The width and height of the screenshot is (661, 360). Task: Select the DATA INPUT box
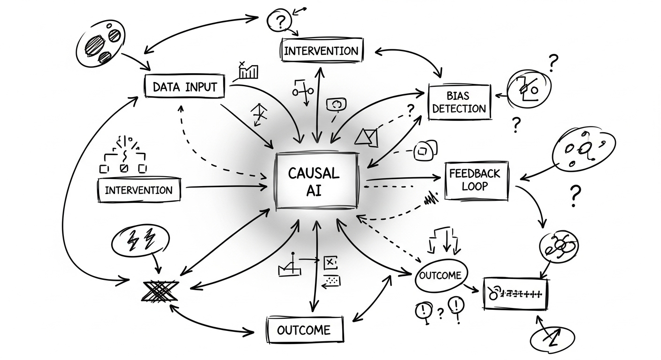(184, 86)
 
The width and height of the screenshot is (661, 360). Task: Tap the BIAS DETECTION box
(459, 102)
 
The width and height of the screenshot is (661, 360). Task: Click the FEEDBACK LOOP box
(476, 180)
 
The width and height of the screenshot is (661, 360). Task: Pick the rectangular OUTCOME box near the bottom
(304, 330)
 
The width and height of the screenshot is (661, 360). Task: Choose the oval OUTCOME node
(442, 275)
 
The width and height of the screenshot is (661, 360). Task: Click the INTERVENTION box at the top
(321, 51)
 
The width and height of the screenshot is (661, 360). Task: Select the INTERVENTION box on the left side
(138, 190)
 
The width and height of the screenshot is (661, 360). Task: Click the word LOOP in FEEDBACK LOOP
(475, 186)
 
